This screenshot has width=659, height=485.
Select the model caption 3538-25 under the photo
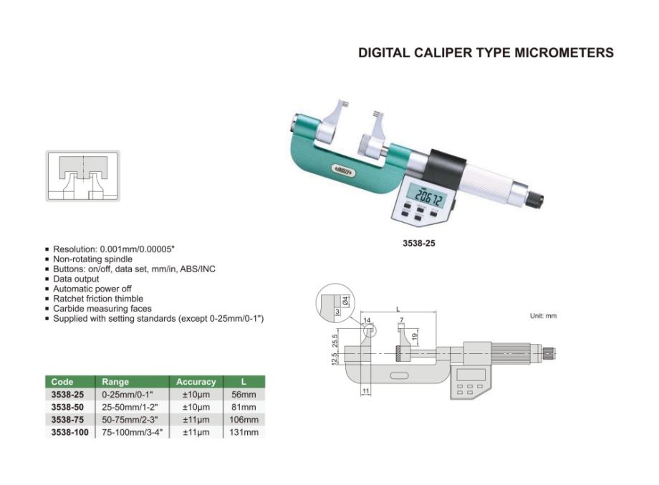418,244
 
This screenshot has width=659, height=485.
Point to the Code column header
62,382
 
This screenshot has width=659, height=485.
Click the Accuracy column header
196,382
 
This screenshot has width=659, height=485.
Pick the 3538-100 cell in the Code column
69,433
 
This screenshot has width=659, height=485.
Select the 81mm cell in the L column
244,407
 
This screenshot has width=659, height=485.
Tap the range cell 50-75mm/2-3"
132,420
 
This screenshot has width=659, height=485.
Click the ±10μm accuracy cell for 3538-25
196,395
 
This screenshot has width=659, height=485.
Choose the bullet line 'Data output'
76,279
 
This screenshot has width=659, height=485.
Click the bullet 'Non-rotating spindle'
92,259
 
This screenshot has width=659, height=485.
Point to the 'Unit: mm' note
543,316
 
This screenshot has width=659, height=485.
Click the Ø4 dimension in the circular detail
345,301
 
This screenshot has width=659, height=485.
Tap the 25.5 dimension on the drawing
335,340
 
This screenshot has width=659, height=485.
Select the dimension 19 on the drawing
415,337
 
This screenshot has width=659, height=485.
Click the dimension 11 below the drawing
365,391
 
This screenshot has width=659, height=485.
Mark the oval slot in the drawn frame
399,375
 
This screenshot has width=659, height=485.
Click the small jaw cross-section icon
83,176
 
